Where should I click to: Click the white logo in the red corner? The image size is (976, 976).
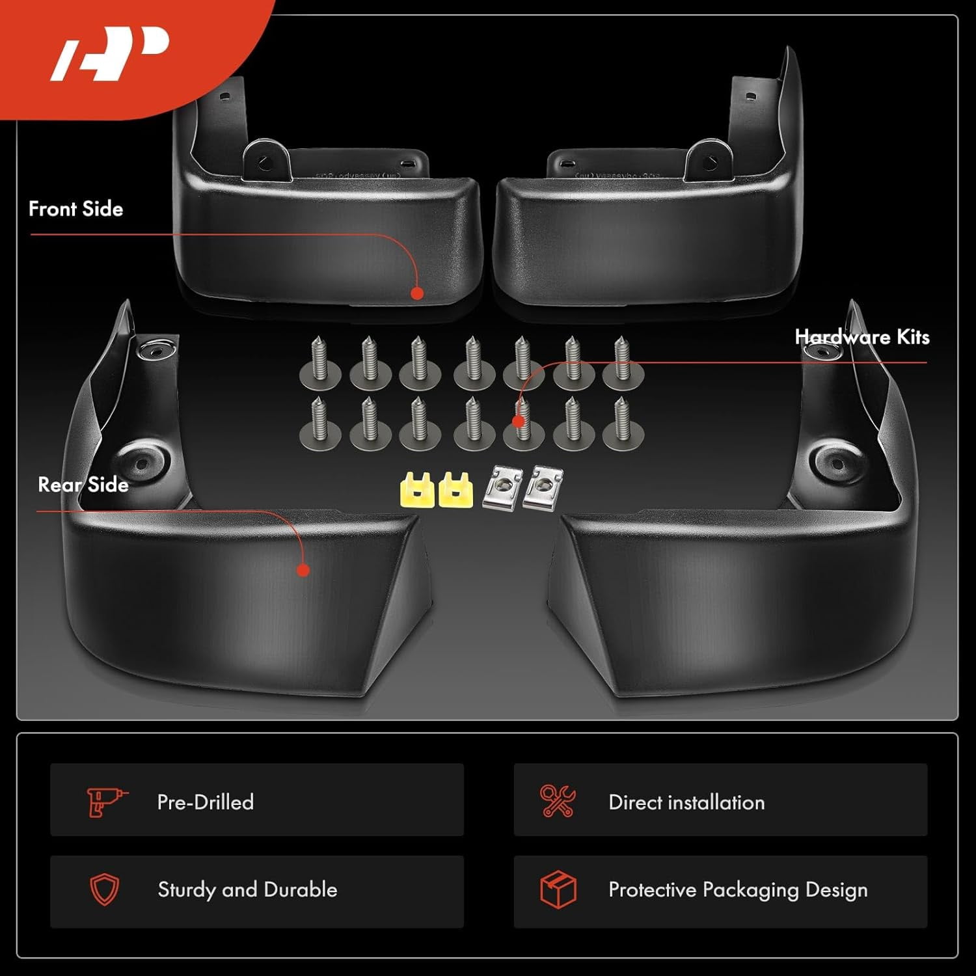tap(111, 54)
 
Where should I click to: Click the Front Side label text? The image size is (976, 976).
tap(75, 209)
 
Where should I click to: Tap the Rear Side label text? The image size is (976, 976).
tap(83, 485)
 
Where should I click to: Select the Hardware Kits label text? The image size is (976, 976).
tap(862, 337)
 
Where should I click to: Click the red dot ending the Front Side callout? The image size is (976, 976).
tap(418, 293)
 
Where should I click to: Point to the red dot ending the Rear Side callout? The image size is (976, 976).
tap(303, 571)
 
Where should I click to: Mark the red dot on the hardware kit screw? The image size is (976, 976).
tap(519, 421)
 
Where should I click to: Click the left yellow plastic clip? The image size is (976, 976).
tap(416, 490)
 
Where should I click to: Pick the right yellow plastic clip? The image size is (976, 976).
tap(455, 490)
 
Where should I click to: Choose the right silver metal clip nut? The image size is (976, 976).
tap(543, 487)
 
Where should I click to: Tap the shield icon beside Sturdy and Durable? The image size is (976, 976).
tap(104, 889)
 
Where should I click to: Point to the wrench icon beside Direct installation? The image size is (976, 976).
tap(558, 801)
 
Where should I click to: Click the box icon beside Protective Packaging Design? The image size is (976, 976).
tap(558, 889)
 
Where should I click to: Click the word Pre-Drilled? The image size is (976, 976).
tap(206, 802)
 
